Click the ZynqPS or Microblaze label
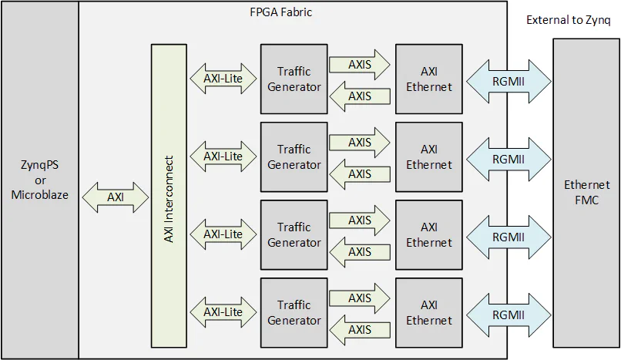pyautogui.click(x=39, y=180)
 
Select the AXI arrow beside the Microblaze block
pyautogui.click(x=115, y=197)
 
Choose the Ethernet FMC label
pyautogui.click(x=586, y=192)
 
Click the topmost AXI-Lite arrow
pyautogui.click(x=223, y=79)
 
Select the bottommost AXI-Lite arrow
pyautogui.click(x=223, y=312)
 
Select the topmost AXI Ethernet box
pyautogui.click(x=429, y=79)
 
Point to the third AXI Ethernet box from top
pyautogui.click(x=429, y=235)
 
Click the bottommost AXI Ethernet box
pyautogui.click(x=429, y=313)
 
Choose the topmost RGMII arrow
pyautogui.click(x=508, y=79)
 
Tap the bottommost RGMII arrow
pyautogui.click(x=508, y=315)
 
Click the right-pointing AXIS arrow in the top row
pyautogui.click(x=361, y=65)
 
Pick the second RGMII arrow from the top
pyautogui.click(x=508, y=158)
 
